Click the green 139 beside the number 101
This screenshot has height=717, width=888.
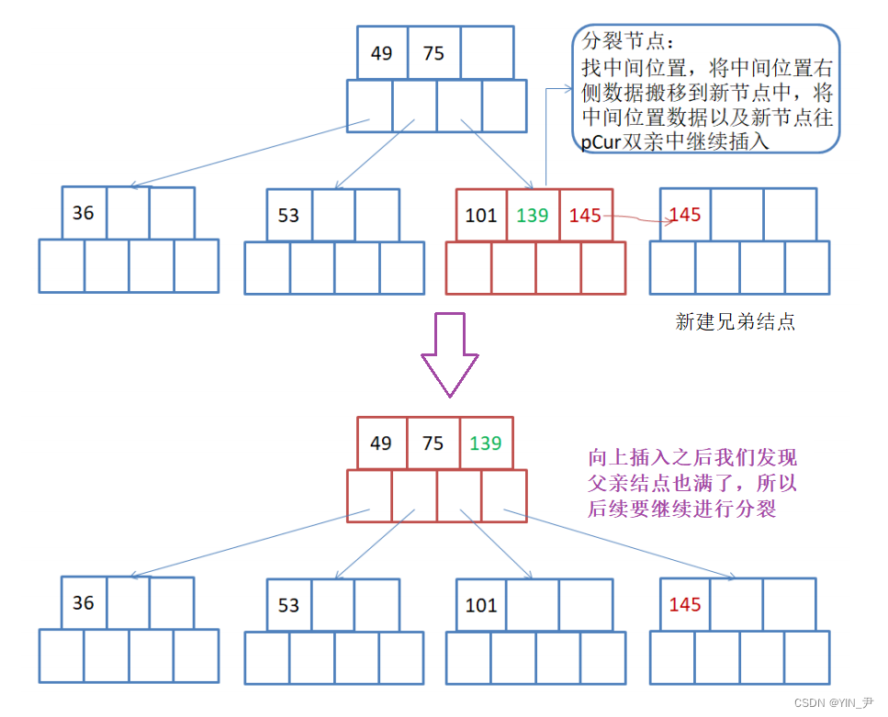[532, 216]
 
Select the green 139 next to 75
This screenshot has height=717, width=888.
[485, 443]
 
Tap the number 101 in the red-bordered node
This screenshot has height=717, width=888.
[480, 216]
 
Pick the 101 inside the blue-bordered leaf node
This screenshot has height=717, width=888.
[480, 605]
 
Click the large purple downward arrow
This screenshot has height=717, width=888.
[450, 353]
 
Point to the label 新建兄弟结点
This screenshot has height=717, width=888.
[735, 321]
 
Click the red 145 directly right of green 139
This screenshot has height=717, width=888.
[585, 216]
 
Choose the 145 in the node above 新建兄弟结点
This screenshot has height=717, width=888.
[685, 215]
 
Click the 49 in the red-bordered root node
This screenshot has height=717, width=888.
[381, 443]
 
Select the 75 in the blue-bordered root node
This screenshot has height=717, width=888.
[433, 53]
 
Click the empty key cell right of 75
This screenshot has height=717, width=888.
[486, 53]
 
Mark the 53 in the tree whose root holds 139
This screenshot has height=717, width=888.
[288, 605]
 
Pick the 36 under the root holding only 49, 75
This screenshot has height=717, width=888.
[84, 213]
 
